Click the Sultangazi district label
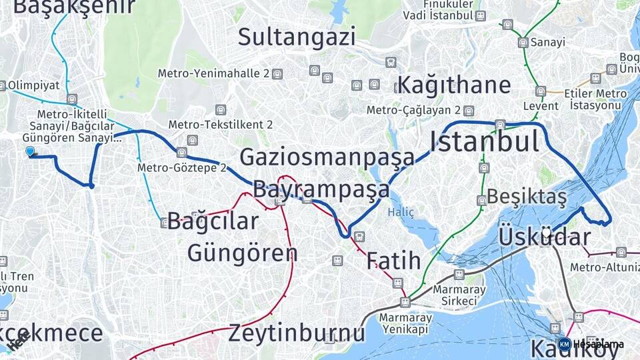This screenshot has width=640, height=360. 297,36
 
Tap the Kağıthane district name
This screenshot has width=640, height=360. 454,85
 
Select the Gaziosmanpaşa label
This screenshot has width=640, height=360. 327,157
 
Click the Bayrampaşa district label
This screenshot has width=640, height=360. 321,189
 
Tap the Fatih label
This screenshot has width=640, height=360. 393,260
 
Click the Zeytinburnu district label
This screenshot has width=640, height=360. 297,332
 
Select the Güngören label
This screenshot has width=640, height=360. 242,253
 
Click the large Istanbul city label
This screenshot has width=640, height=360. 483,141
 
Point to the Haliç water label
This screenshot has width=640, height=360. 401,213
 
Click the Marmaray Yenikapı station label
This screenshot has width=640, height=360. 405,323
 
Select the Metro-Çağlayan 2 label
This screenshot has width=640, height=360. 414,110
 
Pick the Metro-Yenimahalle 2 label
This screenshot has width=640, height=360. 213,73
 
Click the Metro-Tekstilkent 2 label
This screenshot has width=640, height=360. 220,125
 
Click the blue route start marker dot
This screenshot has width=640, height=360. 29,152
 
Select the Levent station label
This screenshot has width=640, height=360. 541,106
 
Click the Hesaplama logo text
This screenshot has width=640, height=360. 599,345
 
